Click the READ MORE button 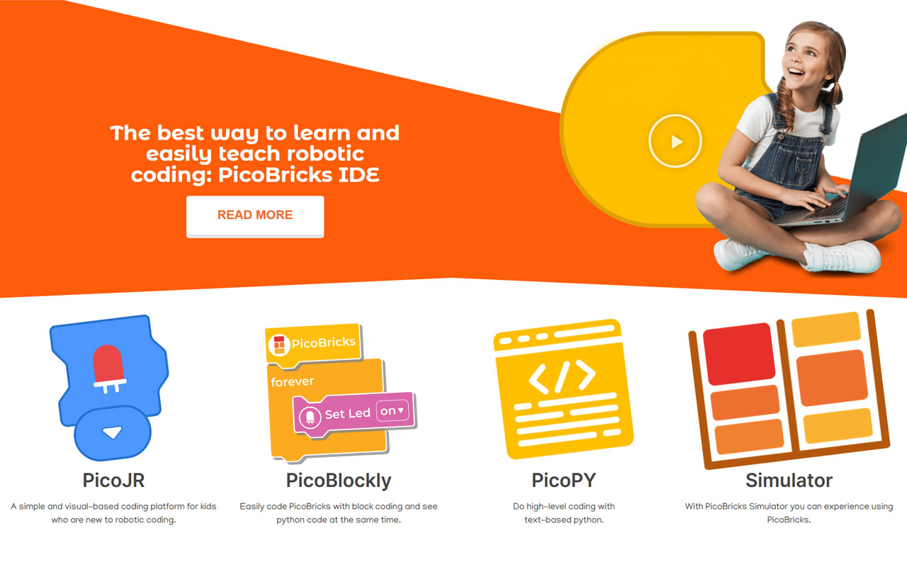coord(255,216)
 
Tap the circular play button coord(675,141)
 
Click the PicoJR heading coord(113,481)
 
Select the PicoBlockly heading coord(339,481)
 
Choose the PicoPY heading coord(563,481)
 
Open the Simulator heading coord(789,481)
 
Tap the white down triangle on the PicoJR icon coord(112,432)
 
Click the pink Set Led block coord(354,414)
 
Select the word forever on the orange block coord(292,381)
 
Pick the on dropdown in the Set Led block coord(392,410)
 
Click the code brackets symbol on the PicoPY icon coord(562,376)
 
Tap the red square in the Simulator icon coord(739,354)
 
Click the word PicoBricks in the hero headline coord(275,175)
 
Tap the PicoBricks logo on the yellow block coord(279,345)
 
